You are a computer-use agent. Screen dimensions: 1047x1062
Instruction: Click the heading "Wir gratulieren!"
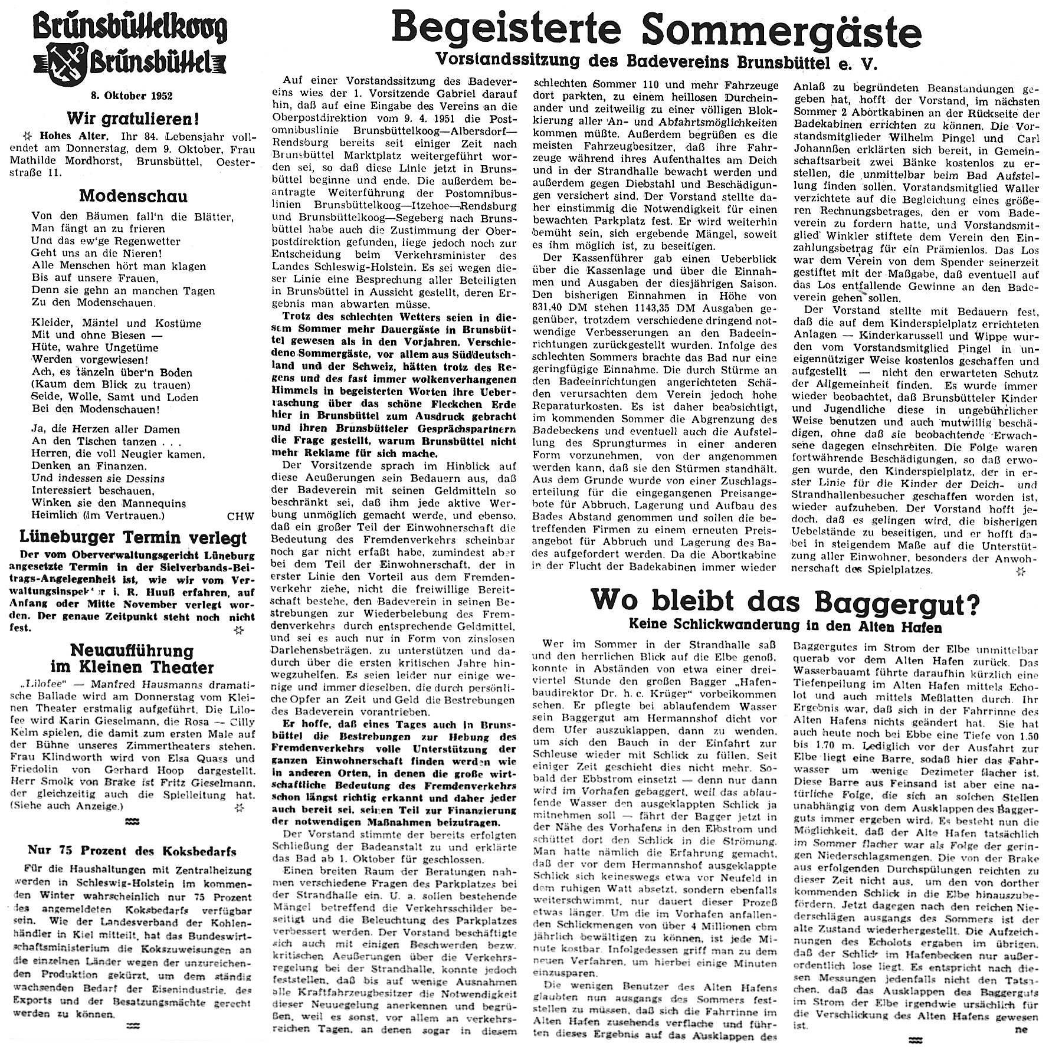point(132,119)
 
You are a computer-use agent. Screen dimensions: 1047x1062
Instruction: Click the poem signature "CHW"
point(240,516)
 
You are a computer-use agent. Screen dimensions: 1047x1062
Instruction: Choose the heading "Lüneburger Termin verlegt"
point(133,538)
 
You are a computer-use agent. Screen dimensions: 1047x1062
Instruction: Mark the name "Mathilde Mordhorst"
point(75,161)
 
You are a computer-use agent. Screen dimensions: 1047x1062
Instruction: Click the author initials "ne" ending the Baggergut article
point(1021,1029)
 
